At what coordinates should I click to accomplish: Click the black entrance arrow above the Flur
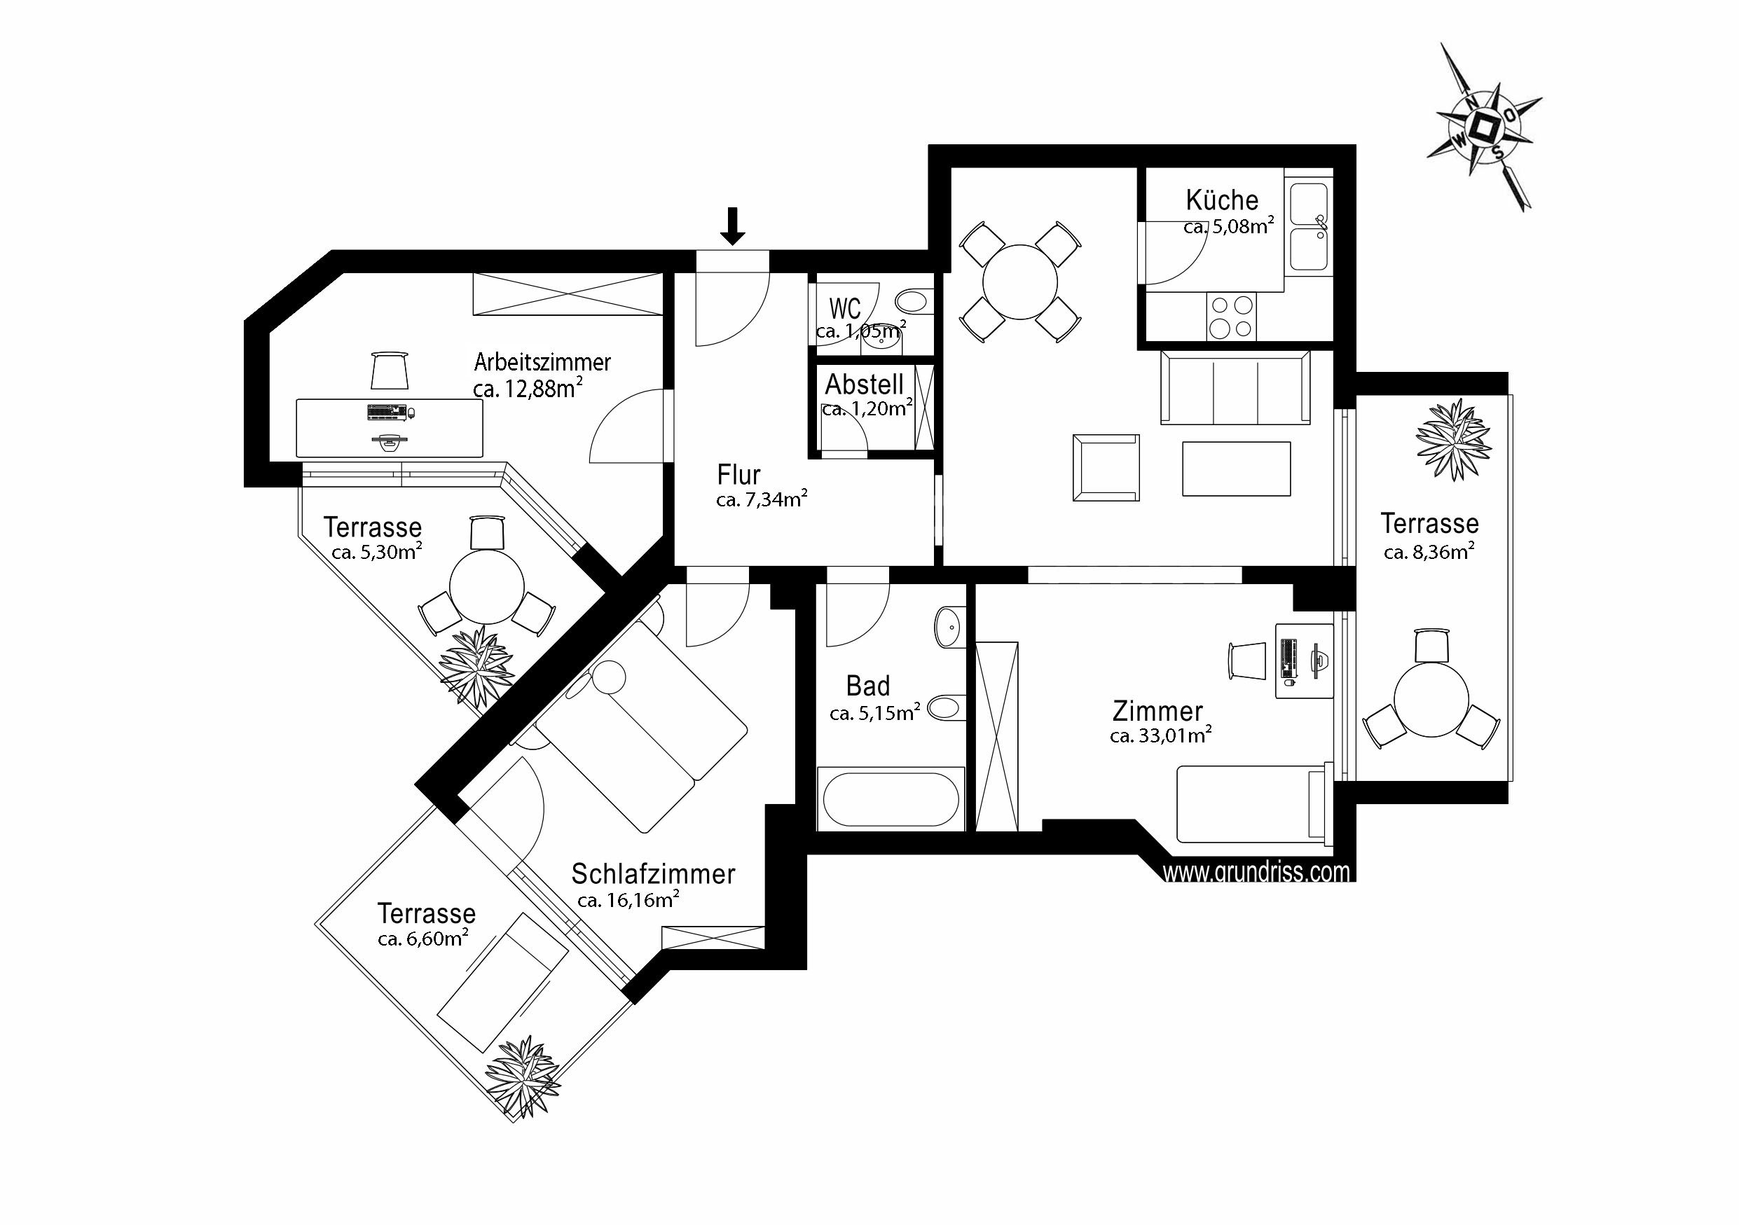(731, 226)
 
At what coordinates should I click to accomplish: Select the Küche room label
(1222, 200)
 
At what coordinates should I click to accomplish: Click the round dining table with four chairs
(1020, 282)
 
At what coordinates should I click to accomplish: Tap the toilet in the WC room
(914, 302)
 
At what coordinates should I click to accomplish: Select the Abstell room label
(864, 385)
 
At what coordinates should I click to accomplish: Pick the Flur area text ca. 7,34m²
(761, 499)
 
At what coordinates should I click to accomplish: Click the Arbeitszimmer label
(542, 362)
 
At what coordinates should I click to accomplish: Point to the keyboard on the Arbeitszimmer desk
(387, 413)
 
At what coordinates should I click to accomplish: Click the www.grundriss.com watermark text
(1256, 872)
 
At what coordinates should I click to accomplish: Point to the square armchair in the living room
(1106, 468)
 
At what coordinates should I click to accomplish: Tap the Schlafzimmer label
(653, 875)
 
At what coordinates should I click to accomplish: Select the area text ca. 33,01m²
(1160, 735)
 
